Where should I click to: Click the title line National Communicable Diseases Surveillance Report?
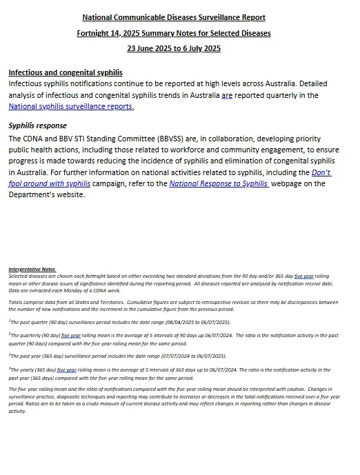[173, 17]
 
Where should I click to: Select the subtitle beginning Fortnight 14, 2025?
[173, 32]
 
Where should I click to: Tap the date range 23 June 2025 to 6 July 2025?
[173, 48]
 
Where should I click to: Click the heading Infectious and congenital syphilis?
[66, 72]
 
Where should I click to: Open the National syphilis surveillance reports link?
[71, 107]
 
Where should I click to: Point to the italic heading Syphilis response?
[37, 126]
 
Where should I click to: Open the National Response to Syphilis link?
[218, 183]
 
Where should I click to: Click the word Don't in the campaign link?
[321, 172]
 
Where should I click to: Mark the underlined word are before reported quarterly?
[227, 95]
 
